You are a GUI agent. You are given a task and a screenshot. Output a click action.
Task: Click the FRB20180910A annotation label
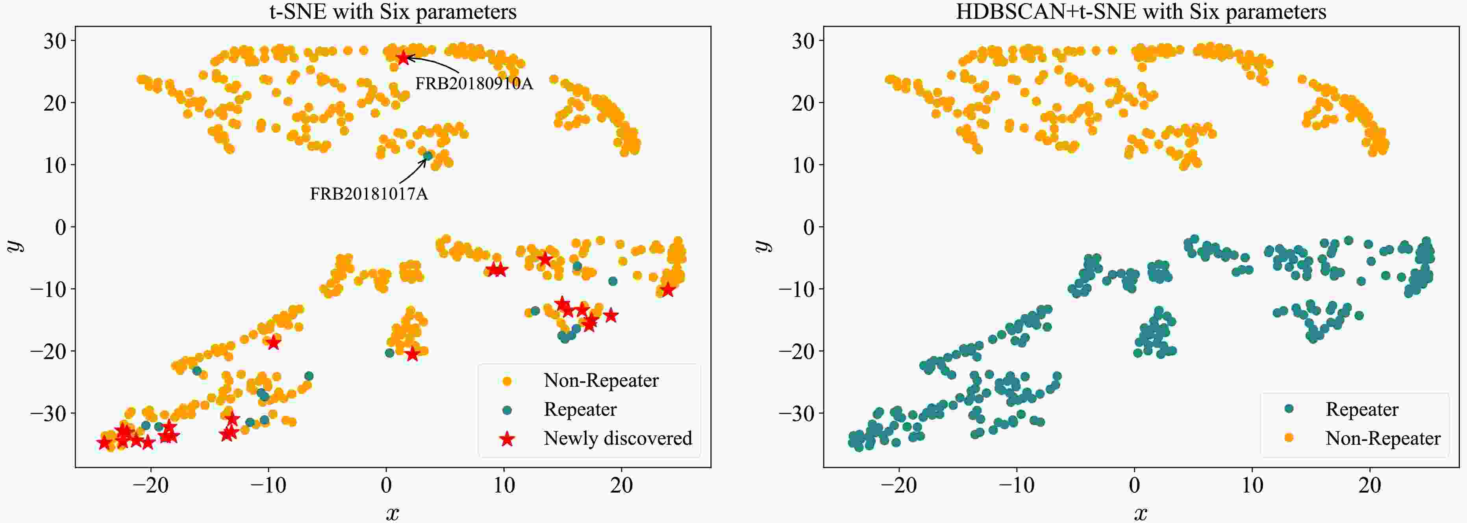[474, 84]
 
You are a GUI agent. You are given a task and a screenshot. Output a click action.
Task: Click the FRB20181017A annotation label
[369, 194]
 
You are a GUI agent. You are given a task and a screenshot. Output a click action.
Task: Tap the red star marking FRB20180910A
[403, 57]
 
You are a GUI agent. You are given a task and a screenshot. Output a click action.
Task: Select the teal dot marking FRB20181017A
[428, 155]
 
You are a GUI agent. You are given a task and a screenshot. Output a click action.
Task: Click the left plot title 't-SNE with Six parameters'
[393, 11]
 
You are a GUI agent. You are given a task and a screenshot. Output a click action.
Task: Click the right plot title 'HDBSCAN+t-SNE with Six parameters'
[1141, 11]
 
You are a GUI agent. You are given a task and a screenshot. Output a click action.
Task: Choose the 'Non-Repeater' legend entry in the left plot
[601, 380]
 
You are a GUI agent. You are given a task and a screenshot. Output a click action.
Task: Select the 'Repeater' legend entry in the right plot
[1361, 409]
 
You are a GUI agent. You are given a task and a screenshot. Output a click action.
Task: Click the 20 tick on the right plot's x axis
[1370, 486]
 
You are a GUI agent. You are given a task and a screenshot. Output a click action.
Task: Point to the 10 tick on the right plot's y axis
[804, 165]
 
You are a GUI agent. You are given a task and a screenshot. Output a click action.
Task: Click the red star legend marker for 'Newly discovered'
[507, 439]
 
